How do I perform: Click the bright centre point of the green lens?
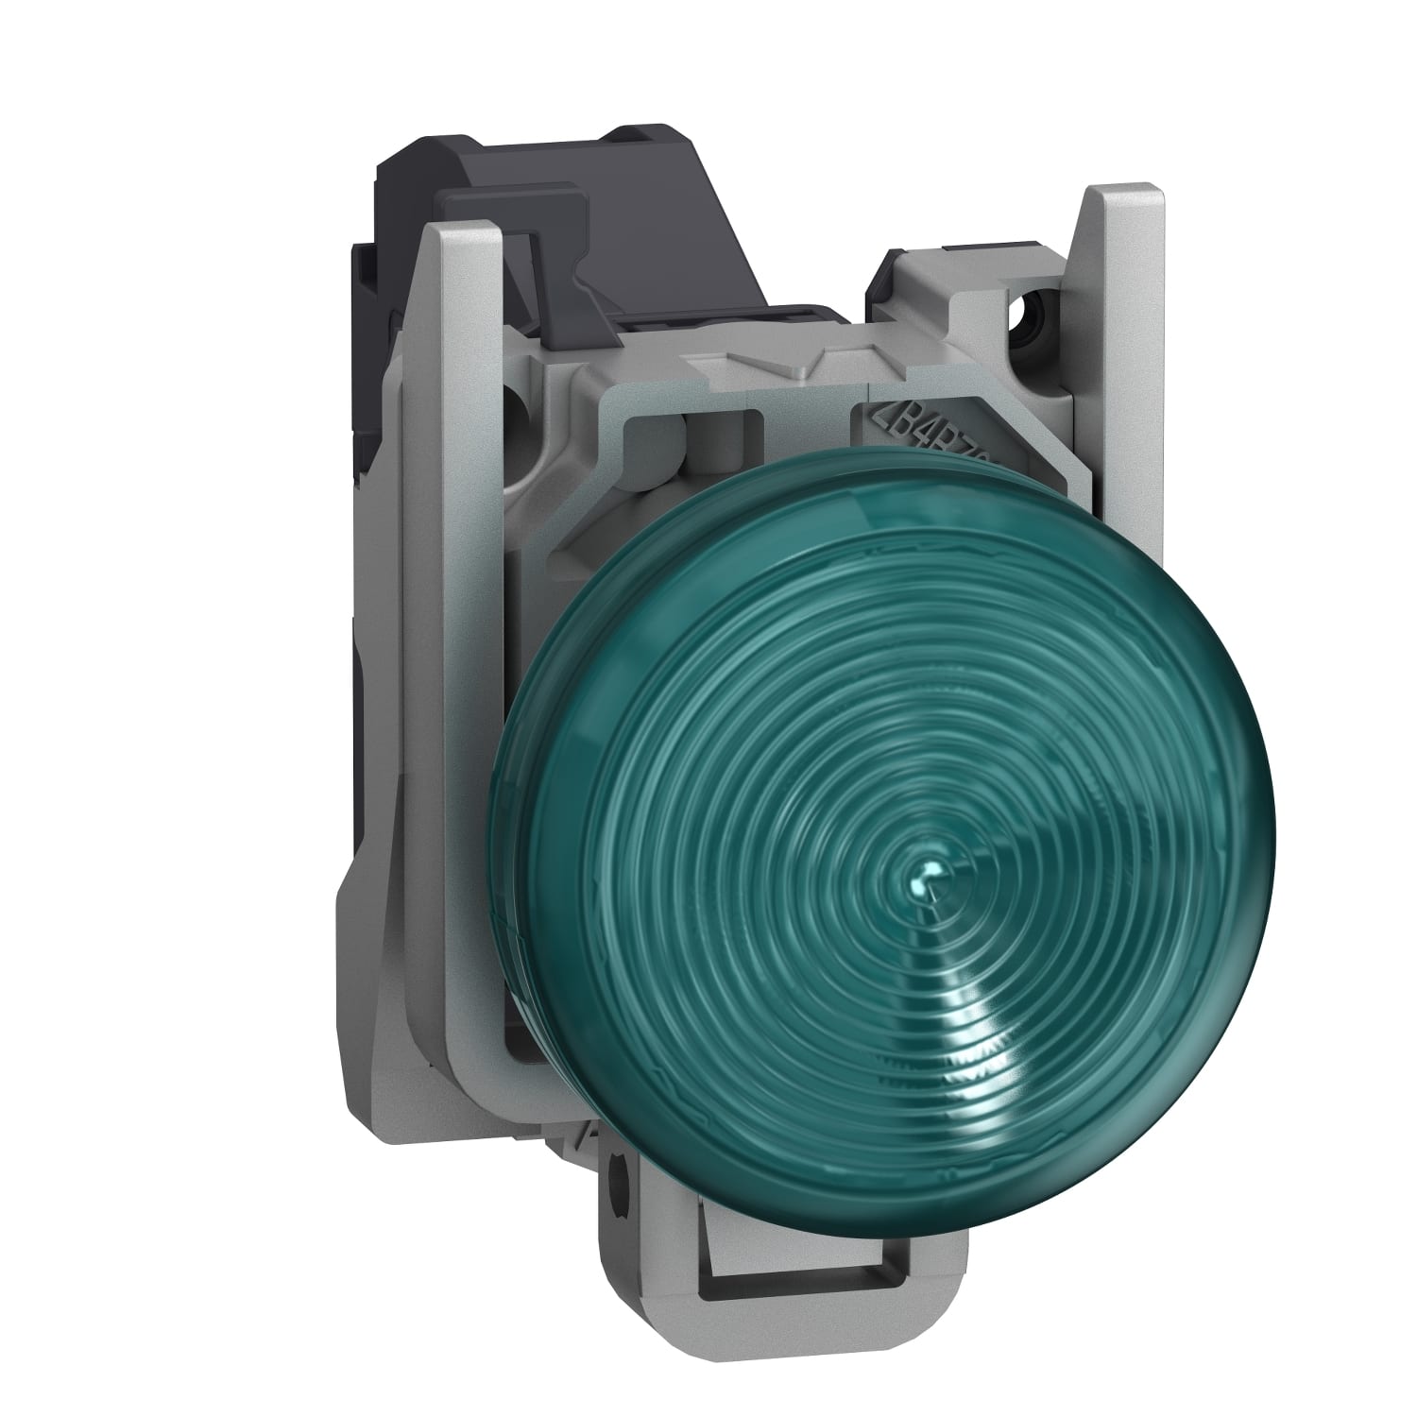pyautogui.click(x=930, y=877)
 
